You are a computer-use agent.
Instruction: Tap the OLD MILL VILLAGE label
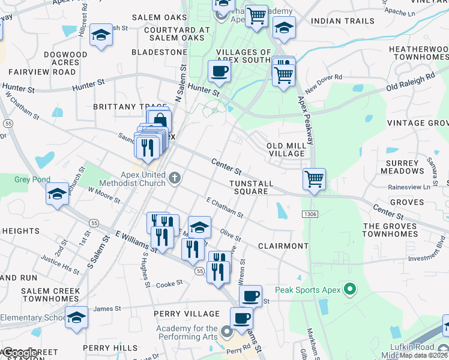coord(286,149)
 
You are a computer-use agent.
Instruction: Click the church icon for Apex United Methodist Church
coord(175,177)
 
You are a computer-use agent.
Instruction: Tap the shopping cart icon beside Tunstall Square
coord(314,179)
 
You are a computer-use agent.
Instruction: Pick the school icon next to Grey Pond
coord(57,194)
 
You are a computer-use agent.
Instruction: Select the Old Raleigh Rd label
coord(411,83)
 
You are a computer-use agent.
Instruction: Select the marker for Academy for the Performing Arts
coord(226,331)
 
